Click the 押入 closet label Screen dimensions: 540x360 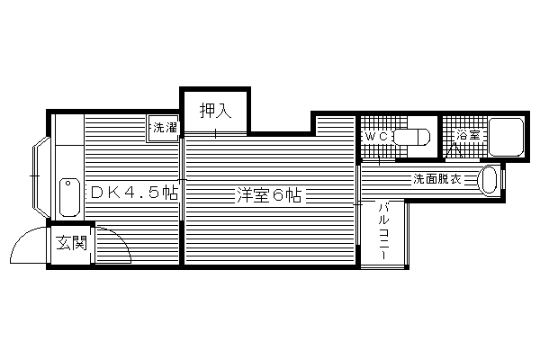click(x=216, y=111)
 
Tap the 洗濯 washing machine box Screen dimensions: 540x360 click(x=164, y=128)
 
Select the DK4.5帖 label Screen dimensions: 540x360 click(x=134, y=193)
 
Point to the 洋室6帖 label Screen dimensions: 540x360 click(x=269, y=195)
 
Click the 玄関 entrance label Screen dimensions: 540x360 click(x=71, y=243)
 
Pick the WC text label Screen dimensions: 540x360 click(x=376, y=137)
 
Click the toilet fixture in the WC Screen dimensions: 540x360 click(x=412, y=137)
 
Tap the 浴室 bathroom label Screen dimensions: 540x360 click(x=468, y=135)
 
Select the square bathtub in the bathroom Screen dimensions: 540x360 click(x=506, y=137)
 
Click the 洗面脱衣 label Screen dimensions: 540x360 click(x=437, y=179)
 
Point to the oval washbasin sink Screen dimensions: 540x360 click(x=488, y=180)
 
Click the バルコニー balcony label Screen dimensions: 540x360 click(x=383, y=231)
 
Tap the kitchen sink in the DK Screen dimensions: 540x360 click(x=69, y=197)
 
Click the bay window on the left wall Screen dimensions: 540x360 click(x=40, y=177)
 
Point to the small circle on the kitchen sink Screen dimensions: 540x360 click(x=67, y=184)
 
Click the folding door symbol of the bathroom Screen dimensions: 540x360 click(x=454, y=150)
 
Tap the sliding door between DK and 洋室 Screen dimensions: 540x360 click(x=182, y=179)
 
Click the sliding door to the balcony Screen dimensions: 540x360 click(x=358, y=205)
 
